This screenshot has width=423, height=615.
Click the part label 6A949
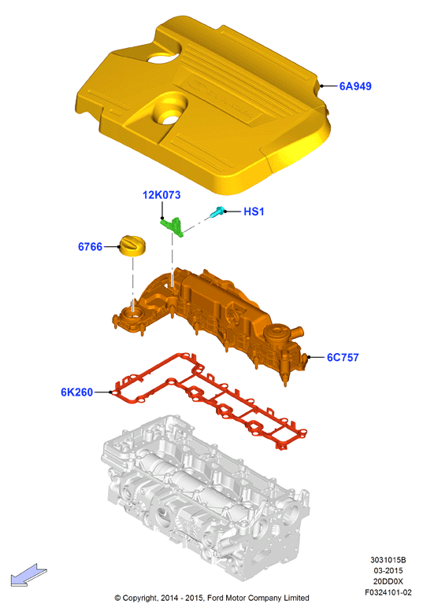point(355,86)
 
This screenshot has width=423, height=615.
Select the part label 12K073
point(161,195)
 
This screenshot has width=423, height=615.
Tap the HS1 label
point(254,212)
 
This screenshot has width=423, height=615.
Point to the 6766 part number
point(90,247)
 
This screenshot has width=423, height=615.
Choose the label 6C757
point(343,357)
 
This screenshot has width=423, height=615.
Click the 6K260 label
point(76,392)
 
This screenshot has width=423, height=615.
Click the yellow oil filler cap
point(132,246)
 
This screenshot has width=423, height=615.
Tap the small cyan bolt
point(217,212)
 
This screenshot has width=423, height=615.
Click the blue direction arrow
point(28,575)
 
